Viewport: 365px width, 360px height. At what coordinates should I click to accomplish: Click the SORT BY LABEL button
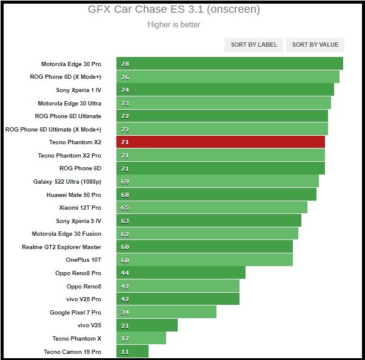(x=254, y=44)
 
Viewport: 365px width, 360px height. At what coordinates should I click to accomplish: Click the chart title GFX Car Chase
(x=173, y=10)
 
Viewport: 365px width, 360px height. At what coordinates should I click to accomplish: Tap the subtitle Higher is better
(x=173, y=25)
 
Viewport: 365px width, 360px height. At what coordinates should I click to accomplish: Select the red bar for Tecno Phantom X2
(x=221, y=142)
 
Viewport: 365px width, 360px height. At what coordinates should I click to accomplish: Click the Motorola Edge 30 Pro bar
(x=230, y=64)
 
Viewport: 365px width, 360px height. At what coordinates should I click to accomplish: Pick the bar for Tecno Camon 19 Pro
(x=133, y=352)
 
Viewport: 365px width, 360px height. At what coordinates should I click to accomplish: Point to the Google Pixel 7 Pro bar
(x=167, y=312)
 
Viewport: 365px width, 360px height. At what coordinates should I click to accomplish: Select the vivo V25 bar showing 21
(x=147, y=325)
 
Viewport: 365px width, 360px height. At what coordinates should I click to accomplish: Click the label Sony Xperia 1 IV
(x=79, y=90)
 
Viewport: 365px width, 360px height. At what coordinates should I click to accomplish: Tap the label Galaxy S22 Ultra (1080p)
(x=67, y=181)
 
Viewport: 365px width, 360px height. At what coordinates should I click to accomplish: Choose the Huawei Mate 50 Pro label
(x=74, y=195)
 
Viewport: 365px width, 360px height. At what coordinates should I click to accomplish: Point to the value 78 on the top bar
(x=125, y=64)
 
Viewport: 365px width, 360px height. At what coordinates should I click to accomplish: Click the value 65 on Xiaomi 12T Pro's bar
(x=125, y=207)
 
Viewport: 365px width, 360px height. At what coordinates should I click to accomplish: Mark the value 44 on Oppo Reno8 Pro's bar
(x=125, y=273)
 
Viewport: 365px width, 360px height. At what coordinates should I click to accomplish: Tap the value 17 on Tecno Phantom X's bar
(x=125, y=338)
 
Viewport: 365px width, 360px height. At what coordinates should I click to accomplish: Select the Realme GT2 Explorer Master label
(x=62, y=247)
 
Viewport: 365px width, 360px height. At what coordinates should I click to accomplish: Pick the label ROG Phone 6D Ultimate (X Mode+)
(x=53, y=129)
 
